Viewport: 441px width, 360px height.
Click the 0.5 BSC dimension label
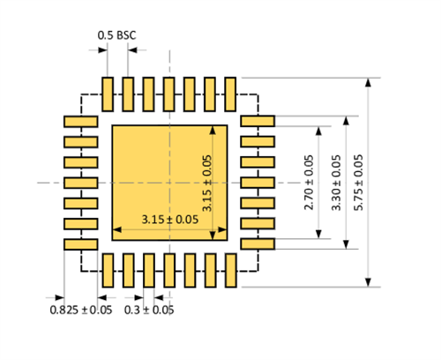click(x=116, y=35)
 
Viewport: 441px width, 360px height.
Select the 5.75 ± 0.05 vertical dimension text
click(x=357, y=182)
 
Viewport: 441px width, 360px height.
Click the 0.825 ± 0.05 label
click(x=80, y=310)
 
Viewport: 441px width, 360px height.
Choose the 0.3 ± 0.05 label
click(x=149, y=310)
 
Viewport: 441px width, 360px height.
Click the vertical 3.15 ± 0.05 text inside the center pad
click(x=207, y=183)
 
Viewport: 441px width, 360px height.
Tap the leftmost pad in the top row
click(x=108, y=93)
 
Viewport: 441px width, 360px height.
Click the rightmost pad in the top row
click(x=230, y=93)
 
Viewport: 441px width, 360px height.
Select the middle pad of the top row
click(x=168, y=93)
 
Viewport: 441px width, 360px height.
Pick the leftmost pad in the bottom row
click(x=108, y=270)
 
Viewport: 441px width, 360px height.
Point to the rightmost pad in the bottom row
click(x=230, y=270)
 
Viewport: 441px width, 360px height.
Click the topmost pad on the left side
click(x=80, y=121)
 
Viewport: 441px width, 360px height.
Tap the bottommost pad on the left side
click(x=80, y=244)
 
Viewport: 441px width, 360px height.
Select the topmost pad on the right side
click(x=258, y=121)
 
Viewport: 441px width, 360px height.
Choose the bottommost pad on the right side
click(x=258, y=244)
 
